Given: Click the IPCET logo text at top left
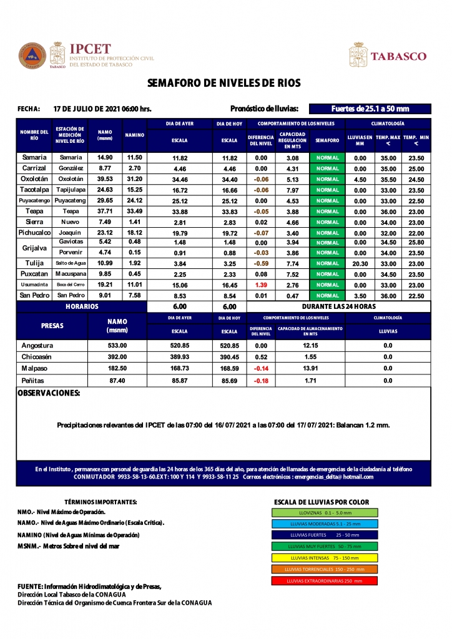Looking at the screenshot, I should pyautogui.click(x=91, y=49).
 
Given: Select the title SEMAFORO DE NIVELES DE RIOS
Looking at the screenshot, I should pyautogui.click(x=224, y=83).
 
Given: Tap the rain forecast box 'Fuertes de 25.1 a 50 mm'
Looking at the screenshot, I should pyautogui.click(x=370, y=108).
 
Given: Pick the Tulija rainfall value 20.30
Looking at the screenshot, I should pyautogui.click(x=360, y=263).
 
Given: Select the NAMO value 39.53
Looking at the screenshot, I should pyautogui.click(x=105, y=179).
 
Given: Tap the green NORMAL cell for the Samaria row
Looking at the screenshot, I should pyautogui.click(x=327, y=158).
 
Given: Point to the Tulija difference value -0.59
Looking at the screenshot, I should pyautogui.click(x=261, y=263).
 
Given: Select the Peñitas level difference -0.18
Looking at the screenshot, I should pyautogui.click(x=261, y=381).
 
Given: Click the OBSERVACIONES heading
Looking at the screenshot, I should pyautogui.click(x=49, y=394).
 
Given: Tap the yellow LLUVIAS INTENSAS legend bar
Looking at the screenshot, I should pyautogui.click(x=325, y=558).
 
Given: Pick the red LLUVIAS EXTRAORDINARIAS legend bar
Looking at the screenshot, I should pyautogui.click(x=325, y=581).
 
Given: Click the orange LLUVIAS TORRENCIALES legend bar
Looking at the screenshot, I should pyautogui.click(x=325, y=569).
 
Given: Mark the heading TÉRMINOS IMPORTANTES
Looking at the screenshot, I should pyautogui.click(x=101, y=502).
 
